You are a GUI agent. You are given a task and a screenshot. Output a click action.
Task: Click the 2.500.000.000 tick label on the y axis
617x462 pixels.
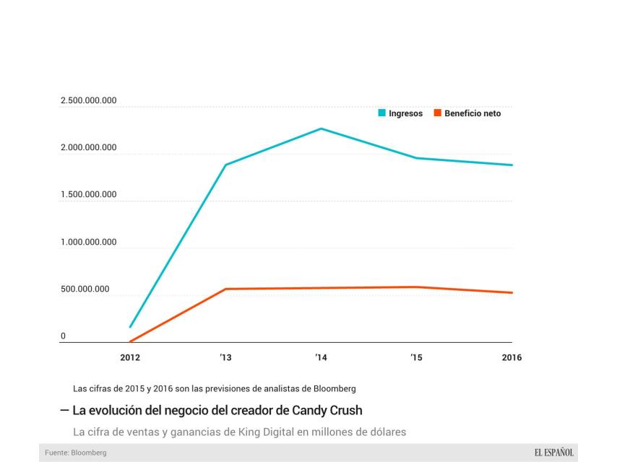point(89,101)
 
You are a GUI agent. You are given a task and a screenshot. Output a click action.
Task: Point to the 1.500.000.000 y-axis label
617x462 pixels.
point(89,195)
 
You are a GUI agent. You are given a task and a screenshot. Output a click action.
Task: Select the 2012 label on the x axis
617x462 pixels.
point(130,357)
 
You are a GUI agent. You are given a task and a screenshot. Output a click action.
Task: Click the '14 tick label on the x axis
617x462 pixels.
point(321,357)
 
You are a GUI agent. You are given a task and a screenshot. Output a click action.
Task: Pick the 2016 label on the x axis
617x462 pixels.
point(512,357)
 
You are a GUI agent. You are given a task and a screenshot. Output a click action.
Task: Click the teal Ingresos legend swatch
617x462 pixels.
point(382,113)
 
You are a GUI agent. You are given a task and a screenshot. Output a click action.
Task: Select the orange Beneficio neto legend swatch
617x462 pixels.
point(437,113)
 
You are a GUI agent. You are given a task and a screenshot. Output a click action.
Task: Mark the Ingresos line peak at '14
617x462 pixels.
point(321,128)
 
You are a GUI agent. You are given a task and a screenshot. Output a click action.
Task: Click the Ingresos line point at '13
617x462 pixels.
point(225,165)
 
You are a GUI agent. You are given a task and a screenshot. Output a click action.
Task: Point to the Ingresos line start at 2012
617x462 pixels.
point(130,327)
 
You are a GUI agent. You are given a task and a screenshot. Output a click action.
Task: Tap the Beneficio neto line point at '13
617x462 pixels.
point(225,289)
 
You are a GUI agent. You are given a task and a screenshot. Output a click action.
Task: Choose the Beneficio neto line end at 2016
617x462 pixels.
point(512,292)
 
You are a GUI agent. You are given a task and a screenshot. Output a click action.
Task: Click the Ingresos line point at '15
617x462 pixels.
point(416,158)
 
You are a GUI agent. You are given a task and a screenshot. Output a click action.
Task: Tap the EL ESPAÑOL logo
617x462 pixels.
point(554,453)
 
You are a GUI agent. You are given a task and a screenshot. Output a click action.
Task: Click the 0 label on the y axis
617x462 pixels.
point(64,336)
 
